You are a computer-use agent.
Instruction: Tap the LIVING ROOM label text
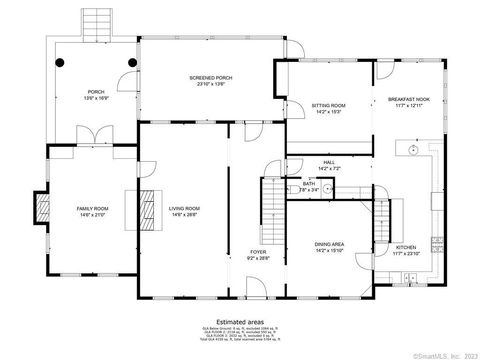click(184, 209)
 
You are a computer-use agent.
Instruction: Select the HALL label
click(328, 161)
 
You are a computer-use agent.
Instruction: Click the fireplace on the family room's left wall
click(43, 207)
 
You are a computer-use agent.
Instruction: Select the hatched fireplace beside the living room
click(147, 207)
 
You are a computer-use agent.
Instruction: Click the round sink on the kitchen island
click(411, 152)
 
